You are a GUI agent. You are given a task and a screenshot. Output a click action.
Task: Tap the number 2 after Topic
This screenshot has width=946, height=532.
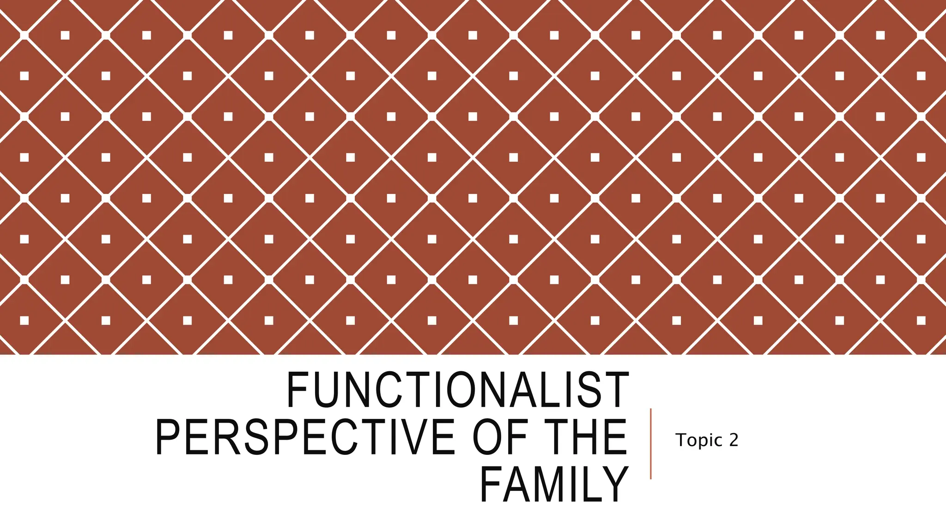[x=734, y=440]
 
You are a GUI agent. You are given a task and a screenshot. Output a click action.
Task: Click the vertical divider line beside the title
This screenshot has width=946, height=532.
[x=650, y=443]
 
